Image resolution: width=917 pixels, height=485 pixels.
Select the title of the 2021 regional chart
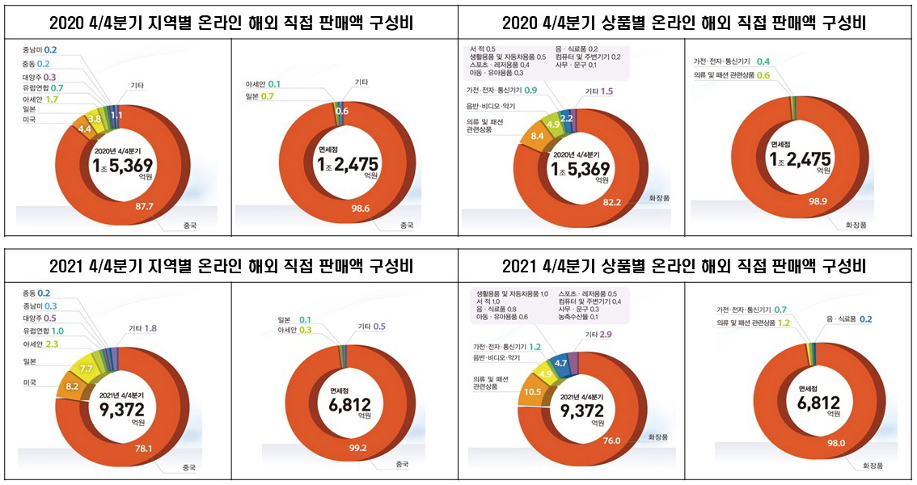coord(231,267)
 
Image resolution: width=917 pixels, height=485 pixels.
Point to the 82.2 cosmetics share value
coord(612,200)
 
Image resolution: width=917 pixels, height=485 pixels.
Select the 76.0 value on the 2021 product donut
coord(611,441)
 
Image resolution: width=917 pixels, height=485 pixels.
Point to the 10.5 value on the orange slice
coord(532,391)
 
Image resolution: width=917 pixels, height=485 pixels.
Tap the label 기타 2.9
coord(598,334)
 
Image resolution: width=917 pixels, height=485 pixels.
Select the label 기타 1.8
coord(142,328)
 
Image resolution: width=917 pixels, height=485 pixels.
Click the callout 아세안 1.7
coord(41,99)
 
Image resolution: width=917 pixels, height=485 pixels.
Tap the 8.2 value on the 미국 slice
coord(72,387)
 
